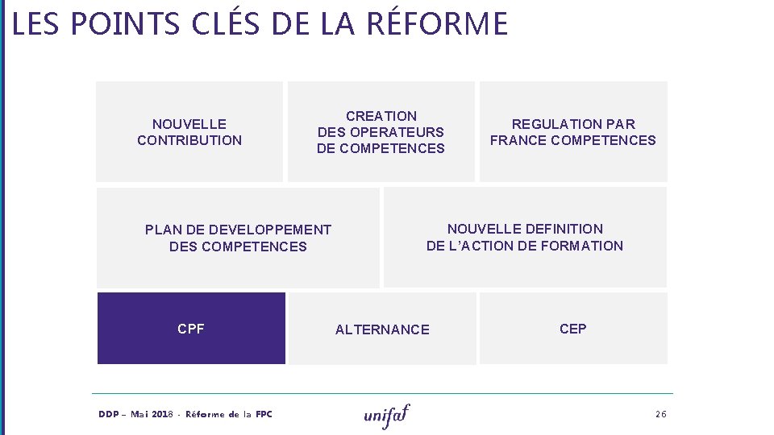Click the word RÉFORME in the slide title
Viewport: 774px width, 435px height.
tap(437, 23)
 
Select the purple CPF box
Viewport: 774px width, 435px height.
tap(191, 329)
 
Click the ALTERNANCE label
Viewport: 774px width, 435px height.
tap(382, 329)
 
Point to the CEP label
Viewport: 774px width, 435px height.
tap(573, 329)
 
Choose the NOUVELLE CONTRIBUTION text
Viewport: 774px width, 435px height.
tap(189, 132)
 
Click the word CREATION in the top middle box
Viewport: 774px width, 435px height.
tap(381, 116)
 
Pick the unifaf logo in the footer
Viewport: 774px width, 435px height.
tap(387, 415)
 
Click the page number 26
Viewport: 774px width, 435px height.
tap(661, 414)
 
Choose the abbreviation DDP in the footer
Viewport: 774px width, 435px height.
tap(109, 414)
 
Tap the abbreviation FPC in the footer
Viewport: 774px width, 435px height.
tap(264, 414)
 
